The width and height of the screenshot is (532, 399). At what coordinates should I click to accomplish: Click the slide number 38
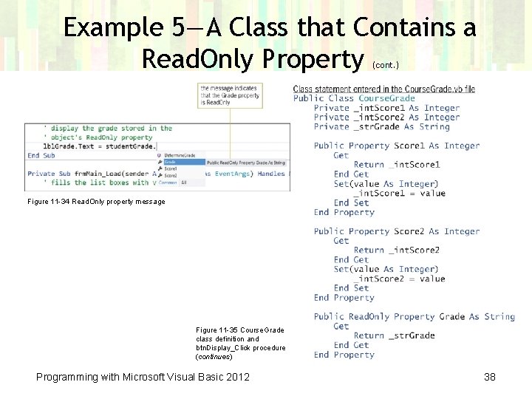pos(489,377)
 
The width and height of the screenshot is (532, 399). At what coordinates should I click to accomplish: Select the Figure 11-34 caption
pos(96,202)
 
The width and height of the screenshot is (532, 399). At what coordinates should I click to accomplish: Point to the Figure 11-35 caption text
pos(240,343)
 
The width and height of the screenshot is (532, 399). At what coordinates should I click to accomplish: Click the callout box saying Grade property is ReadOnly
pos(229,95)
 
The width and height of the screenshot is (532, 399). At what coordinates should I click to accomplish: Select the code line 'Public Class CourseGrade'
pos(354,98)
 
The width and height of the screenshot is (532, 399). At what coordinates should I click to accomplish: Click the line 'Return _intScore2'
pos(396,250)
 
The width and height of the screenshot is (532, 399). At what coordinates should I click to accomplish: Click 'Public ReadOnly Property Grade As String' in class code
pos(414,316)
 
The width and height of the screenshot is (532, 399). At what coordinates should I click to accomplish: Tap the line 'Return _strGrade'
pos(394,335)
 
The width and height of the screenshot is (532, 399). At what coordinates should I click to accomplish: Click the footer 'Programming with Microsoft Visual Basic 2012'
pos(143,377)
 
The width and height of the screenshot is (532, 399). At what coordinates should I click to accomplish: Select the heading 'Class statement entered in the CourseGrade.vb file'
pos(383,89)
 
